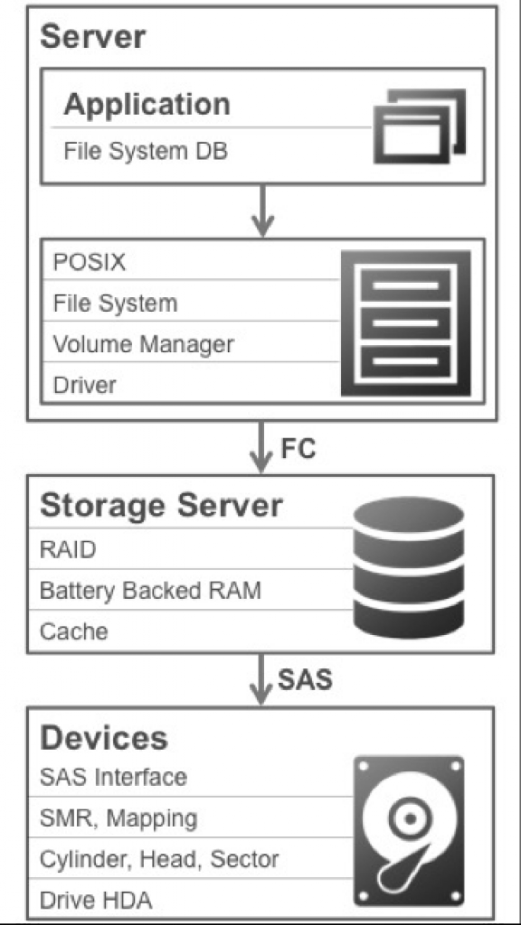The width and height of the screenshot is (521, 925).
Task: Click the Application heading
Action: [147, 105]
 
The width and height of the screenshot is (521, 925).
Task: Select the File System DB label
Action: [146, 152]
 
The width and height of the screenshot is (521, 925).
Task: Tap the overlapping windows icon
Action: [420, 126]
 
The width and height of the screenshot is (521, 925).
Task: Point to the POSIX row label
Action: [90, 262]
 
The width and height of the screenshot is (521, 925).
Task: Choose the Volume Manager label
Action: [144, 344]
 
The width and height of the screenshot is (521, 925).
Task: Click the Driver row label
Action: [84, 385]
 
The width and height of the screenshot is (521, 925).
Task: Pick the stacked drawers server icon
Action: [406, 322]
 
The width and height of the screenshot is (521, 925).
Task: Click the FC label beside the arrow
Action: [298, 449]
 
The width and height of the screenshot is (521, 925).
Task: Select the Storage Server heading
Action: [161, 506]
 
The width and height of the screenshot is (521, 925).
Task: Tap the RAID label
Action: [68, 549]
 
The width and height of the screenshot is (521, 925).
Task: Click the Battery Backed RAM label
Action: [150, 591]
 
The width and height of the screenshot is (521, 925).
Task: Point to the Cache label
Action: [74, 631]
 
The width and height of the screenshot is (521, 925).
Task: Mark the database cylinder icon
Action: [409, 567]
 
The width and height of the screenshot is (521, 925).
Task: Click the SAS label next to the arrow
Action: [306, 679]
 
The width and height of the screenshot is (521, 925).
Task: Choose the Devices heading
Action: [104, 737]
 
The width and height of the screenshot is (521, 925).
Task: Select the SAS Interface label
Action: [113, 777]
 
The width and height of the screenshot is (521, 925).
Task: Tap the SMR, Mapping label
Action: [118, 818]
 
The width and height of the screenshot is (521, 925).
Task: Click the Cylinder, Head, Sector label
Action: [159, 859]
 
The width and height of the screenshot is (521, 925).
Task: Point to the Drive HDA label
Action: [96, 901]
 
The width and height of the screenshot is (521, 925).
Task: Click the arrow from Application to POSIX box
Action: [262, 211]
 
